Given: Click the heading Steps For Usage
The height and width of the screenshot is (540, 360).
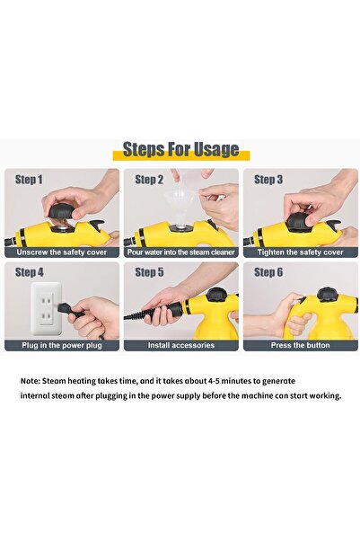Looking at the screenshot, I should click(180, 149).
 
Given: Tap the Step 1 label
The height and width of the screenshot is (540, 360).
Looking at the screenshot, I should click(29, 180).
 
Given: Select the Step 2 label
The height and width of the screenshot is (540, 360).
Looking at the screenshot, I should click(149, 180).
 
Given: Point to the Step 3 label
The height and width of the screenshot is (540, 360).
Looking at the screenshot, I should click(268, 180).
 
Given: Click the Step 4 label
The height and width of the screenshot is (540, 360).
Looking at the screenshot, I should click(29, 271).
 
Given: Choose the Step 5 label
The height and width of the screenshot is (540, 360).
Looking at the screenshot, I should click(149, 271).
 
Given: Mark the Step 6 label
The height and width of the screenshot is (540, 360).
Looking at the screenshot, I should click(268, 271).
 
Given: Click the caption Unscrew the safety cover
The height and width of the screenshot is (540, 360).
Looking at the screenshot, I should click(61, 252).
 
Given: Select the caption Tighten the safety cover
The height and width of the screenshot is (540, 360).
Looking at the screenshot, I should click(299, 252).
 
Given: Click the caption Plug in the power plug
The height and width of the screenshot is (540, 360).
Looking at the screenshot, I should click(61, 345).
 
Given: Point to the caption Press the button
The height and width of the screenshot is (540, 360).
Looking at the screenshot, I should click(299, 345).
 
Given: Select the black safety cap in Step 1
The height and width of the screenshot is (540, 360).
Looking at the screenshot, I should click(59, 213).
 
